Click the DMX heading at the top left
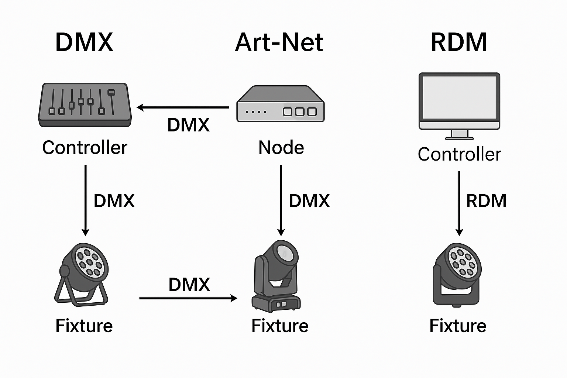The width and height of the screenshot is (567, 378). pyautogui.click(x=84, y=42)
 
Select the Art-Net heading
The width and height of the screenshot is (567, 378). pyautogui.click(x=279, y=42)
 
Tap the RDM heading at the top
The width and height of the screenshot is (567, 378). pyautogui.click(x=459, y=42)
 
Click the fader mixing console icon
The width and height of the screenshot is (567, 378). pyautogui.click(x=85, y=105)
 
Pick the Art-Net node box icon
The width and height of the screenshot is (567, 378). pyautogui.click(x=280, y=104)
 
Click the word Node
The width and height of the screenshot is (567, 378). pyautogui.click(x=281, y=148)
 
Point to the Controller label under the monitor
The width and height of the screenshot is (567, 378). pyautogui.click(x=459, y=154)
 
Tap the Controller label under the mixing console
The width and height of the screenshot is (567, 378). pyautogui.click(x=85, y=148)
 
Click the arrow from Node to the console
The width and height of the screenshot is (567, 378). pyautogui.click(x=183, y=107)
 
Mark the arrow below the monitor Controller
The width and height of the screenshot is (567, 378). pyautogui.click(x=459, y=203)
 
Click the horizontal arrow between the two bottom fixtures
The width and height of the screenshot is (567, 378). pyautogui.click(x=188, y=298)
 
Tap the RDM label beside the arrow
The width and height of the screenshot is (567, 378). pyautogui.click(x=486, y=201)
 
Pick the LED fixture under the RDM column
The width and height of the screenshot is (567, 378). pyautogui.click(x=457, y=274)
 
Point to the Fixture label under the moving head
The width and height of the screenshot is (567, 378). pyautogui.click(x=280, y=326)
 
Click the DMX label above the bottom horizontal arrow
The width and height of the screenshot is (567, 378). pyautogui.click(x=189, y=285)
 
